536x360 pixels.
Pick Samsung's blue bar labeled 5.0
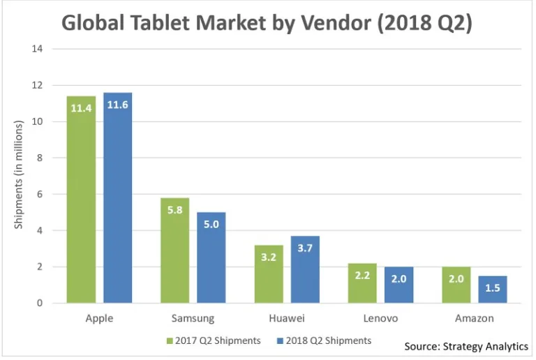tap(211, 257)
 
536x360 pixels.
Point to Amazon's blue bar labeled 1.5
tap(492, 290)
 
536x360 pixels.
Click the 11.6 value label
tap(118, 105)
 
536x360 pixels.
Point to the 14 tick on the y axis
tap(37, 50)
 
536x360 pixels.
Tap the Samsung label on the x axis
tap(193, 319)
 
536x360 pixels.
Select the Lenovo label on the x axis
tap(380, 319)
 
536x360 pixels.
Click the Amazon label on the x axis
tap(474, 319)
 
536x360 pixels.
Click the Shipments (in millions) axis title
tap(19, 174)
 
